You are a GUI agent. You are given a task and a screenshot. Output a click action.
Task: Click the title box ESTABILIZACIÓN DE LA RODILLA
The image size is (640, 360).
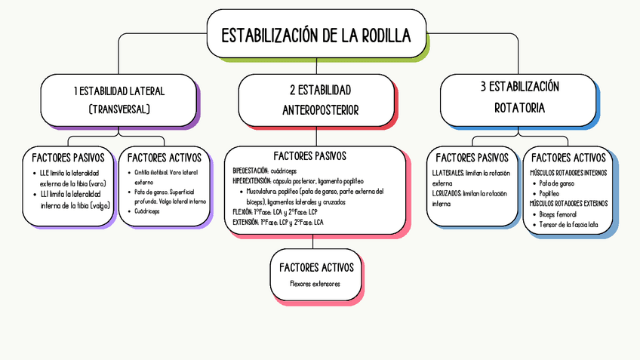[316, 35]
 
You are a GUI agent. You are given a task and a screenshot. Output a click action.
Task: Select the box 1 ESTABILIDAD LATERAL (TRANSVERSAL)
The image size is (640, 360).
[119, 100]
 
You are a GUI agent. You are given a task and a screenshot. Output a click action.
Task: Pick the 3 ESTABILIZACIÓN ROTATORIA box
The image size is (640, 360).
[519, 97]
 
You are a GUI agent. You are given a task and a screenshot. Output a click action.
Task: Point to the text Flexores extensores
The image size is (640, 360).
[315, 285]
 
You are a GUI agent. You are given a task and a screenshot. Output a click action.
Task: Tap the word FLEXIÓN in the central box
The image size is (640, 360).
[244, 212]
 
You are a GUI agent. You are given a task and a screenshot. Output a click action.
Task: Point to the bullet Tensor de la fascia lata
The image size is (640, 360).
[569, 224]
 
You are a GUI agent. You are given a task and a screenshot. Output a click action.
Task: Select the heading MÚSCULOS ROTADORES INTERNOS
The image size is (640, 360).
[568, 173]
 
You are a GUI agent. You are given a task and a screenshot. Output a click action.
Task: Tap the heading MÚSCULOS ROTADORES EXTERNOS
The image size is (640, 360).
[568, 204]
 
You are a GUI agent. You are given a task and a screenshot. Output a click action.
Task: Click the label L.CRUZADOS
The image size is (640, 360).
[446, 193]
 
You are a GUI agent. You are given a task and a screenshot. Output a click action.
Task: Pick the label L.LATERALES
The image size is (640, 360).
[448, 173]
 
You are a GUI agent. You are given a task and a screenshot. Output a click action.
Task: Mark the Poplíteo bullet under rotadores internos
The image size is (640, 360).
[549, 193]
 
